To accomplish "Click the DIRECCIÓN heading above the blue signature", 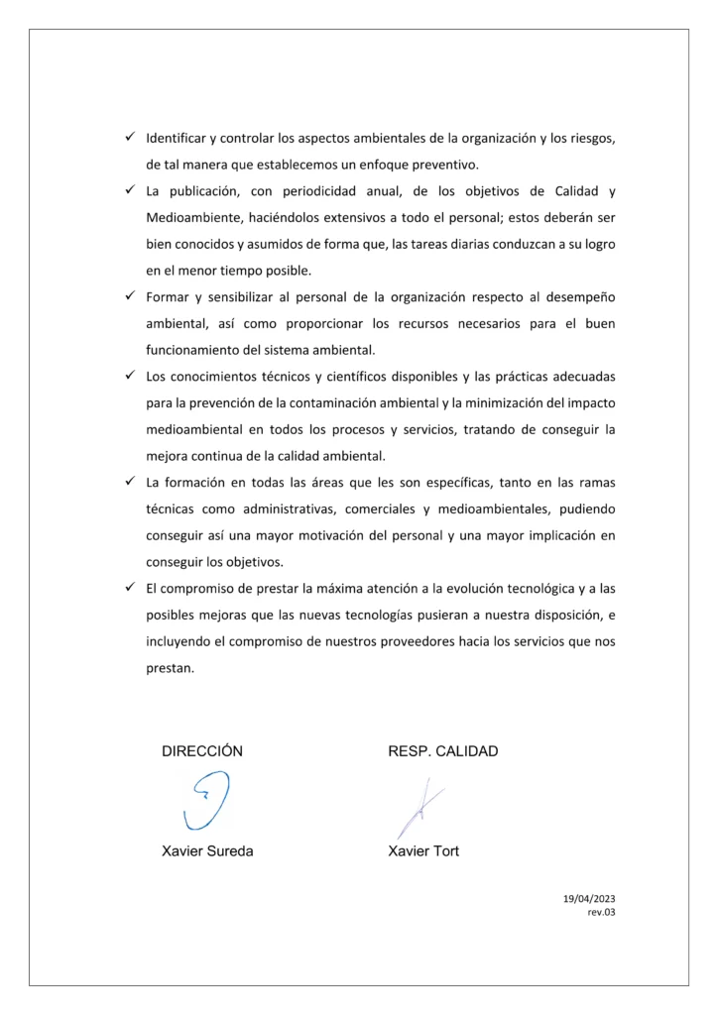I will tap(201, 751).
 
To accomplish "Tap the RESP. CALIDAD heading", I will tap(442, 751).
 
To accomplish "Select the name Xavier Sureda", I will tap(206, 850).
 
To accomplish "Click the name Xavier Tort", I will tap(423, 850).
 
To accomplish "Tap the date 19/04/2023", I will tap(589, 898).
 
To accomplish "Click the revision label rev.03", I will tap(601, 913).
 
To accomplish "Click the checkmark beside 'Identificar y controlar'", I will tap(129, 137).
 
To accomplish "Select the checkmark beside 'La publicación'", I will tap(129, 189).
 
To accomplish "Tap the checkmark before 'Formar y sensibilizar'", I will tap(129, 296).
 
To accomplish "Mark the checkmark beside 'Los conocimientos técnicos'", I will tap(129, 377).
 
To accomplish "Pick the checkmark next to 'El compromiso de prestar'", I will tap(129, 588).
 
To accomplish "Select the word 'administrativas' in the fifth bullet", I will tap(285, 508).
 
